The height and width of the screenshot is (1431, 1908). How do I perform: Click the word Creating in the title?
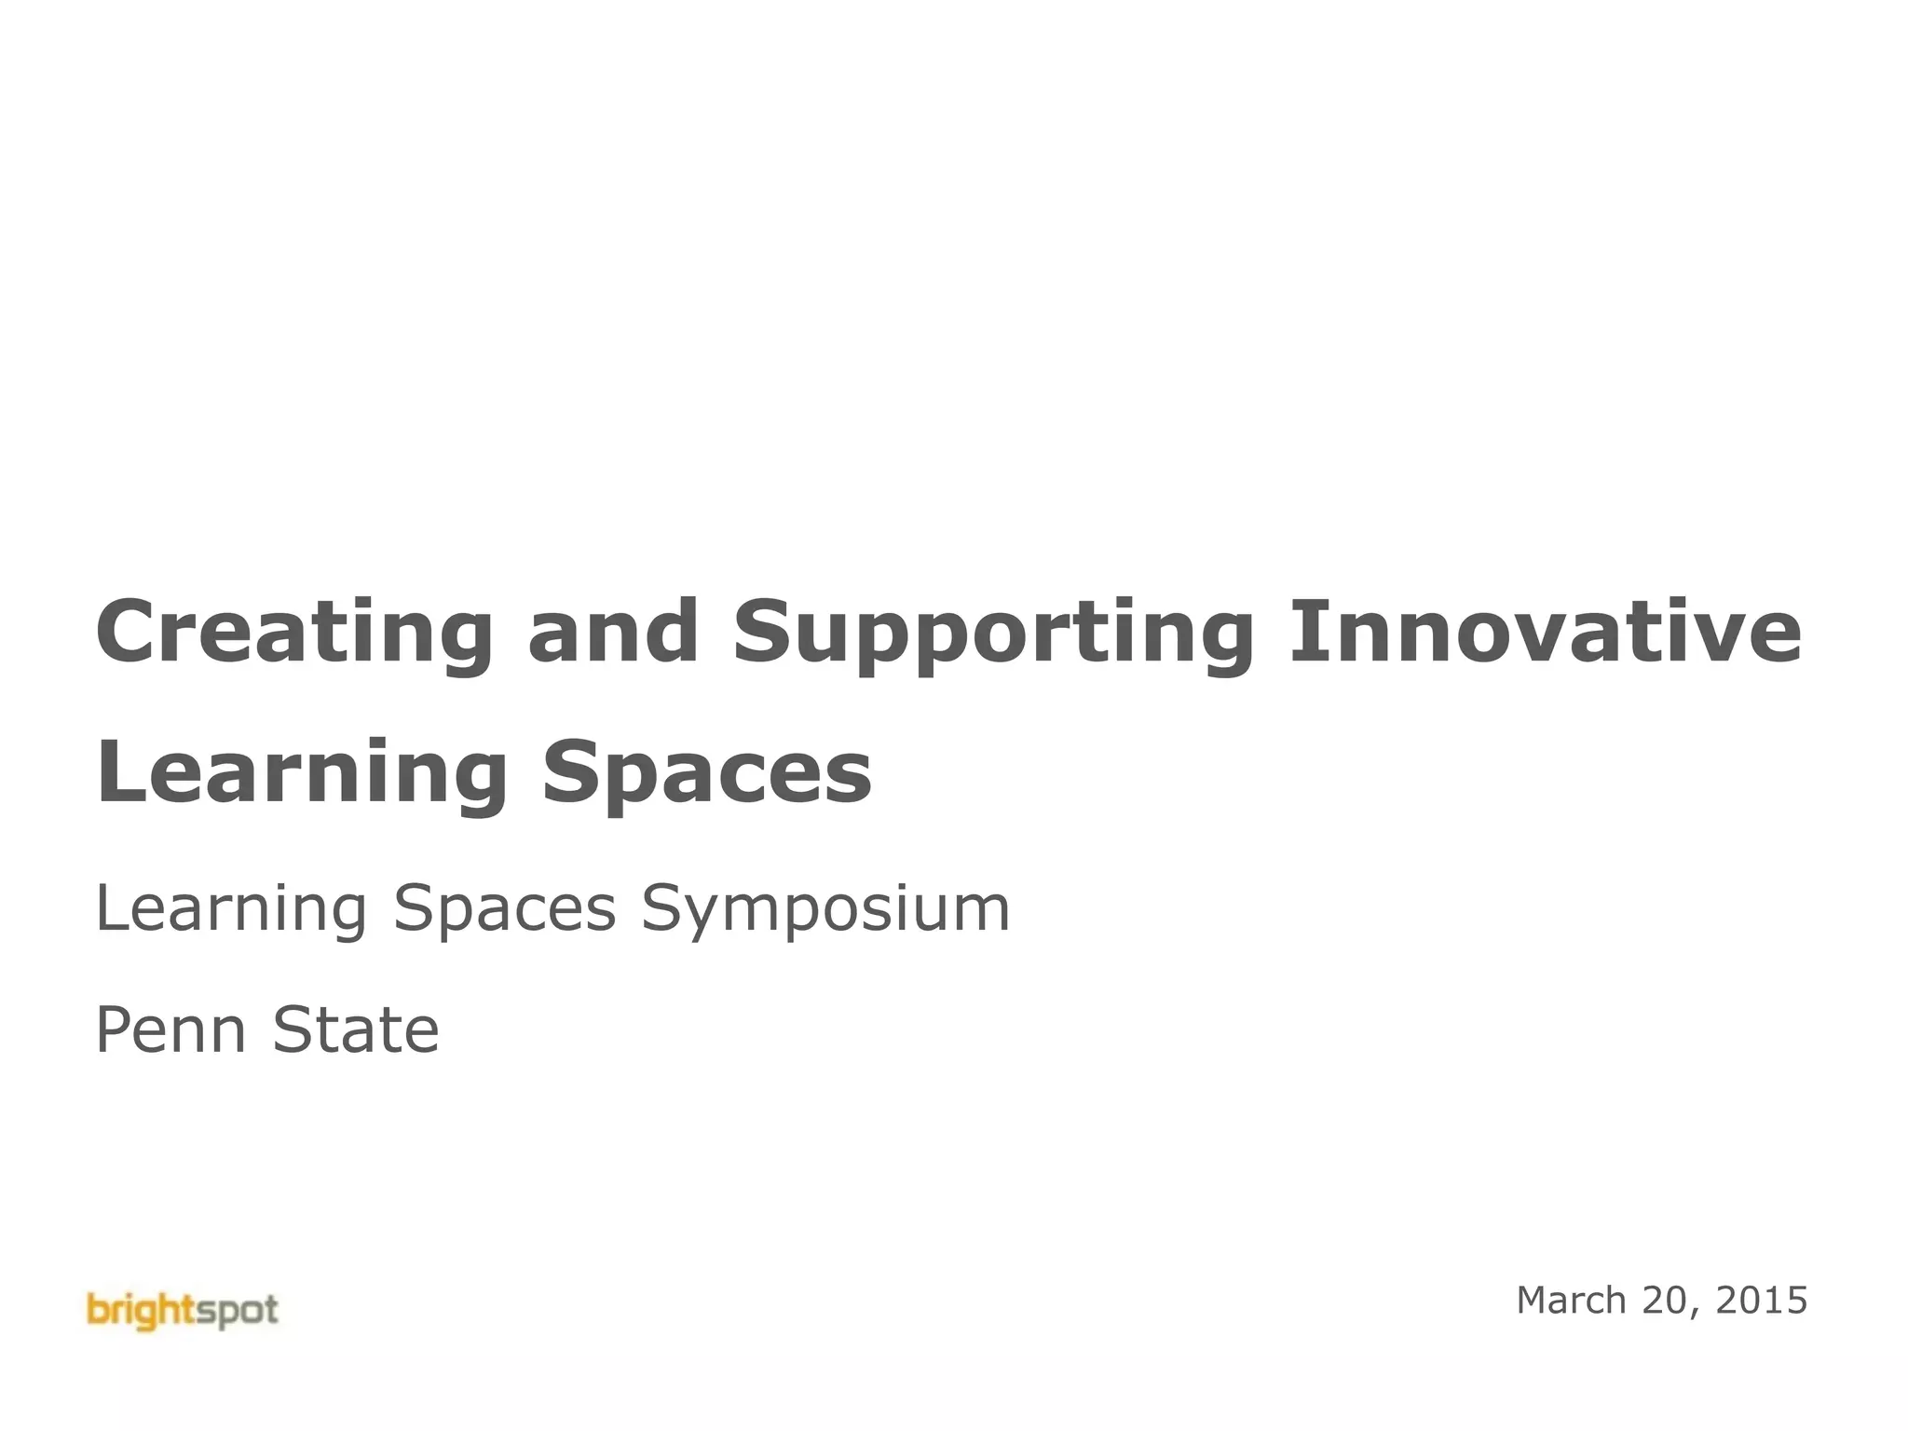click(x=293, y=633)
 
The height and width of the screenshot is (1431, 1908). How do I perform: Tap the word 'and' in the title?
click(x=613, y=633)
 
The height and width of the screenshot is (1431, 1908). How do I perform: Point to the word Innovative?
click(x=1546, y=633)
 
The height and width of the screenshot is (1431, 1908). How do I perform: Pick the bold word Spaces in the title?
click(x=707, y=773)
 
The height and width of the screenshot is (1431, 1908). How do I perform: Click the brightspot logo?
click(x=183, y=1311)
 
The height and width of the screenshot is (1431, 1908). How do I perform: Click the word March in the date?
click(x=1572, y=1301)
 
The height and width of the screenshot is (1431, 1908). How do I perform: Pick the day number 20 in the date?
click(x=1669, y=1301)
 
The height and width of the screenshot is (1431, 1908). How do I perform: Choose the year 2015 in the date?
click(x=1761, y=1301)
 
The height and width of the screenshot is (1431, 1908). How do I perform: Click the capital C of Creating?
click(x=127, y=633)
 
